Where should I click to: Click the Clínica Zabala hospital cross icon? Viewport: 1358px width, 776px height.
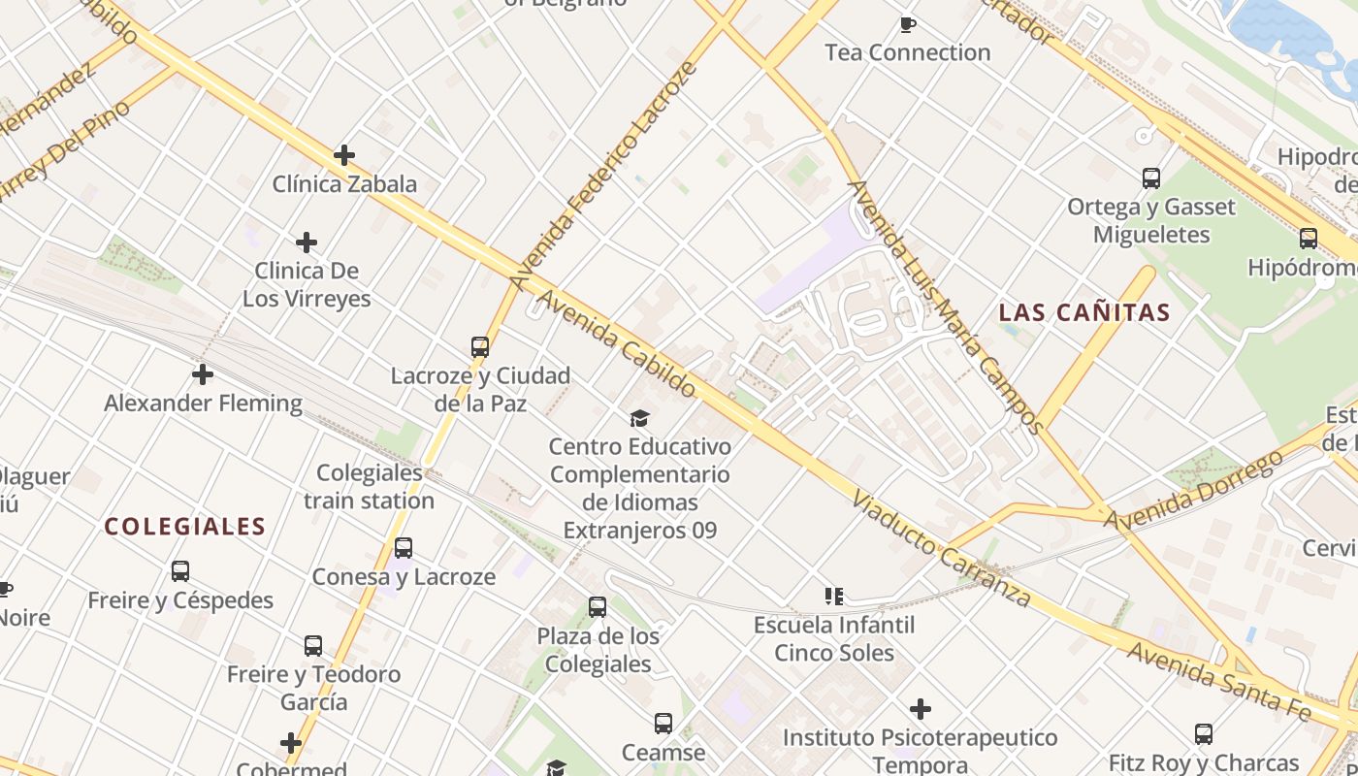344,155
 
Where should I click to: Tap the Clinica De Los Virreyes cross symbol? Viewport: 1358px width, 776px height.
307,242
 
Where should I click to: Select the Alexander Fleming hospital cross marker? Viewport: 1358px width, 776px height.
203,373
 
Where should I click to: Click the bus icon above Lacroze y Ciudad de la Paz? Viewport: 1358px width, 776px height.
479,346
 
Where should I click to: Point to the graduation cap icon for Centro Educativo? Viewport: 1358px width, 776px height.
639,418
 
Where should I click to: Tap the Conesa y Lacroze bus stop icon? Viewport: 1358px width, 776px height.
404,548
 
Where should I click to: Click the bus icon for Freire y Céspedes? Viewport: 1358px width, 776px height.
180,571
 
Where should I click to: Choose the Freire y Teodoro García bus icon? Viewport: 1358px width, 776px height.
313,645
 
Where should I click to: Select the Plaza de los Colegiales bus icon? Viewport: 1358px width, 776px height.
598,607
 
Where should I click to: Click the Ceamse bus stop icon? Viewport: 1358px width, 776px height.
663,724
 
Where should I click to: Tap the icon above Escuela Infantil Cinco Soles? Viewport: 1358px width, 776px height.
834,596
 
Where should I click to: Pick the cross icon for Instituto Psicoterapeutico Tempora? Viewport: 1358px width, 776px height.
921,709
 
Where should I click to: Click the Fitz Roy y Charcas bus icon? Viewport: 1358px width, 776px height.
1204,734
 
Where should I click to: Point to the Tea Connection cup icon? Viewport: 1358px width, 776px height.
908,24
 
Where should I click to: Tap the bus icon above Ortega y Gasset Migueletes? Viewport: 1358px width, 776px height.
1151,178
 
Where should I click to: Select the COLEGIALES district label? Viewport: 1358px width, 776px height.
185,527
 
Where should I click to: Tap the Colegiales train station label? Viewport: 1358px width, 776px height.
370,487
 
